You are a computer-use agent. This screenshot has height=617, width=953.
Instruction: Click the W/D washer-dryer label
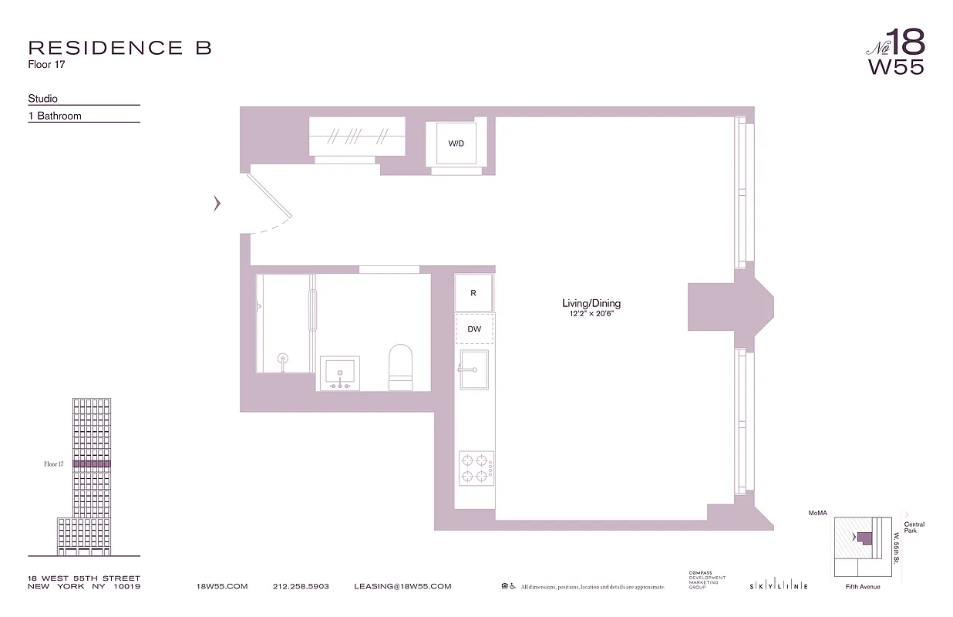click(x=456, y=144)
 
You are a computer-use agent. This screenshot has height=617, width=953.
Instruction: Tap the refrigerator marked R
click(x=473, y=293)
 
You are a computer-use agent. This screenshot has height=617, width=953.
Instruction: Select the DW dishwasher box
click(x=474, y=329)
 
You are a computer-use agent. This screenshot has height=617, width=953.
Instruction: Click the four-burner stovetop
click(x=475, y=467)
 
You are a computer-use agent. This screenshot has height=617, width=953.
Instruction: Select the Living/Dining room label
click(x=591, y=304)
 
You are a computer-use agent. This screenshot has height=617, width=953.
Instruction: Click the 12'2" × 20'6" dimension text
click(x=591, y=315)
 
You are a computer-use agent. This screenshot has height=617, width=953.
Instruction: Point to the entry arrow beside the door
click(x=217, y=204)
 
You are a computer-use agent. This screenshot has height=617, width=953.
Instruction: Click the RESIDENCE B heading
click(x=120, y=48)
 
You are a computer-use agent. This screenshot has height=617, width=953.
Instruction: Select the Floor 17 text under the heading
click(x=45, y=65)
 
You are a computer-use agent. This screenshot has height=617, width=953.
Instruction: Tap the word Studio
click(x=43, y=99)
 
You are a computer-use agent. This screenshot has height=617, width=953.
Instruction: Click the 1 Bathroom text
click(x=55, y=116)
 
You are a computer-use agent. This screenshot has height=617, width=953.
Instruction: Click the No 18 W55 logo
click(x=896, y=52)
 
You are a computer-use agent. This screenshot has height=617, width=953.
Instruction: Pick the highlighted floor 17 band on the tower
click(x=92, y=464)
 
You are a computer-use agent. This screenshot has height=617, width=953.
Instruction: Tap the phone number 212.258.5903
click(x=301, y=587)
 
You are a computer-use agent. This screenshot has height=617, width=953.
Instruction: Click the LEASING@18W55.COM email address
click(x=402, y=587)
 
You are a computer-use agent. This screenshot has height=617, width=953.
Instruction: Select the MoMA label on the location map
click(x=817, y=513)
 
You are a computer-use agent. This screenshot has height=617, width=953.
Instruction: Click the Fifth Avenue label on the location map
click(x=862, y=587)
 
